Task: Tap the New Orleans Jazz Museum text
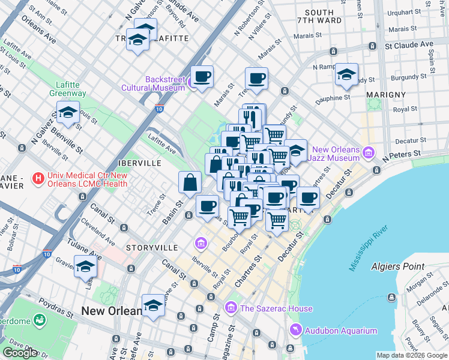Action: pos(336,154)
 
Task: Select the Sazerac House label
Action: pos(276,308)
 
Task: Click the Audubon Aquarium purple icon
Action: pos(295,331)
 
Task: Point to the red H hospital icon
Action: pos(38,178)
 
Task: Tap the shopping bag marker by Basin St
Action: pos(190,182)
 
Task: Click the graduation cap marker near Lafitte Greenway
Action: pos(68,112)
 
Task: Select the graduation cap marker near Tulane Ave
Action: pos(85,266)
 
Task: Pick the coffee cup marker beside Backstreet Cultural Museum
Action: pos(202,77)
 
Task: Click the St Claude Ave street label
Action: pos(409,44)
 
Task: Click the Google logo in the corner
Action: pos(20,352)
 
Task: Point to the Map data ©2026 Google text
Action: pos(412,355)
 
